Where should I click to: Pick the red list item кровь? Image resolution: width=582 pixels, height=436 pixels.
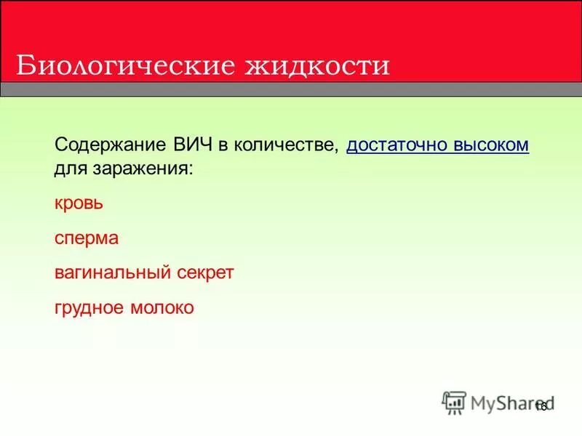(79, 203)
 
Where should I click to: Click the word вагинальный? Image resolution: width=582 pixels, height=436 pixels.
(111, 272)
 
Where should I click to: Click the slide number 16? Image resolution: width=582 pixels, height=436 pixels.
(541, 406)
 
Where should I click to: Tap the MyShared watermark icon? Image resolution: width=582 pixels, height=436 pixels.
(454, 402)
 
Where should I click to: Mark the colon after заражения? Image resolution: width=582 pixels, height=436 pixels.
(191, 169)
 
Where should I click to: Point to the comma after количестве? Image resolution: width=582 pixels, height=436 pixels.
(337, 149)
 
